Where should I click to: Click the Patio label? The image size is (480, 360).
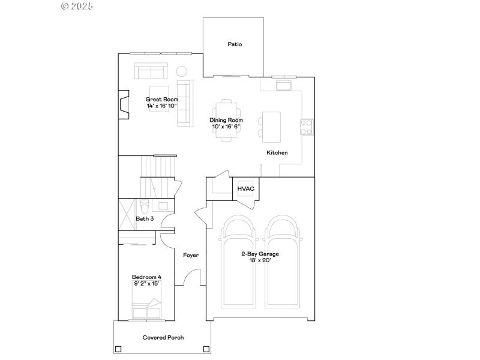235,44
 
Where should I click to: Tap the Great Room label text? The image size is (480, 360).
162,99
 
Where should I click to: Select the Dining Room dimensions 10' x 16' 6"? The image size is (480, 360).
226,127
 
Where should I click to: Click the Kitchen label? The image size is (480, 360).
277,153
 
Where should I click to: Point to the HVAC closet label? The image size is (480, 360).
246,189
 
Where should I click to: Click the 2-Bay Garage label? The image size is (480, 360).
260,254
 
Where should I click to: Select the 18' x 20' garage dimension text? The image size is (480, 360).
260,260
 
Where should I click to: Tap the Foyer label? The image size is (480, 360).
191,256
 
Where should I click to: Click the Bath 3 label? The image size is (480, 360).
145,219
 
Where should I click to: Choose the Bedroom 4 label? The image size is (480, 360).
146,277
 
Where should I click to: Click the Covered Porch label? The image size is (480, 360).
163,338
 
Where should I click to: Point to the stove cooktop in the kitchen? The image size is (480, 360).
306,127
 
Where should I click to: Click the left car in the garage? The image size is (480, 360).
239,264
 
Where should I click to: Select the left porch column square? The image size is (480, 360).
118,349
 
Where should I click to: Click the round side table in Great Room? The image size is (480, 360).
182,71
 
